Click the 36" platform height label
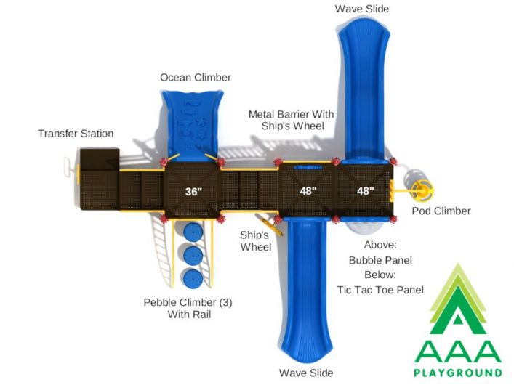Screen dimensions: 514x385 tap(193, 191)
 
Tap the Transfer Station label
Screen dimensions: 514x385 tap(76, 134)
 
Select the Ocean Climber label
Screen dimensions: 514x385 tap(196, 78)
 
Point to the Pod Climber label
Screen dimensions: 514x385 tap(441, 211)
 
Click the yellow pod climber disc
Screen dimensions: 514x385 tap(422, 190)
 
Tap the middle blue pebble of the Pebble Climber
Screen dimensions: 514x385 tap(193, 255)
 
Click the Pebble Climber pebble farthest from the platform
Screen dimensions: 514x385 tap(193, 278)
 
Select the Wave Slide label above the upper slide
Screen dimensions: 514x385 tap(362, 9)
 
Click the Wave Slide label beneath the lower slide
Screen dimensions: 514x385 tap(306, 373)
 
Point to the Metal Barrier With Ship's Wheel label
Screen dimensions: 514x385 tap(291, 120)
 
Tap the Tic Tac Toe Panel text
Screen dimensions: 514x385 tap(380, 290)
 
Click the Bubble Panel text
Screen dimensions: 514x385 tap(380, 260)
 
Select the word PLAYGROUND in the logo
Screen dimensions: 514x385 tap(458, 373)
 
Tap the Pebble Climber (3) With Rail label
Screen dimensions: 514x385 tap(188, 308)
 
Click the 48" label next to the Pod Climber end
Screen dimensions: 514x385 tap(365, 191)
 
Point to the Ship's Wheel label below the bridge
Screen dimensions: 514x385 tap(256, 241)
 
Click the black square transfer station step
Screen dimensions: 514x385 tap(100, 159)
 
